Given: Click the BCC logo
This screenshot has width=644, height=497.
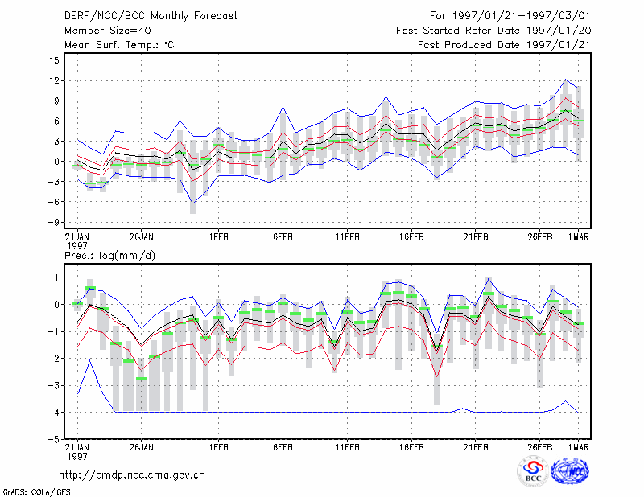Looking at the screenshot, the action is tap(533, 471).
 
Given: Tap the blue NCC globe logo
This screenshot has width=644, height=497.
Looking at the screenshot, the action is tap(570, 471).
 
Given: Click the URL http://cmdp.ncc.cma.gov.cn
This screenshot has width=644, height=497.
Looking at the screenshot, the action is tap(132, 475).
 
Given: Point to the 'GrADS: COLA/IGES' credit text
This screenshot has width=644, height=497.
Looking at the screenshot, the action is tap(37, 492).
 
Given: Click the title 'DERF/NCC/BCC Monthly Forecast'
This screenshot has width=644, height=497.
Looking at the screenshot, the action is tap(151, 16).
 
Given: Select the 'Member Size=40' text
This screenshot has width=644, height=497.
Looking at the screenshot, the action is tap(108, 31).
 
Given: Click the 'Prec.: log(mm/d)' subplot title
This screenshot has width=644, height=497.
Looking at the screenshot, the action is tap(109, 256).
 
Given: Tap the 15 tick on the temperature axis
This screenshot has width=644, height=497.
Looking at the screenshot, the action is tap(55, 60).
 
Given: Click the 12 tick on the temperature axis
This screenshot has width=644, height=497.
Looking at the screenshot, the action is tap(55, 80).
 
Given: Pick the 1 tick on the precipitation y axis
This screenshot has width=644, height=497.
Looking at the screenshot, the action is tap(56, 277).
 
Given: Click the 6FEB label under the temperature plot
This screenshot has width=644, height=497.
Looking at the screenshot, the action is tap(283, 237).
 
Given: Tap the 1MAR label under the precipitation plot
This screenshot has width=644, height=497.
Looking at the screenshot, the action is tap(579, 447).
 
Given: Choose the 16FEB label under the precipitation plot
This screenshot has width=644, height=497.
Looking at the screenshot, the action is tap(411, 447).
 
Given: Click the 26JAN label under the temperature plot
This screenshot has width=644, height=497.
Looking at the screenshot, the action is tap(142, 237).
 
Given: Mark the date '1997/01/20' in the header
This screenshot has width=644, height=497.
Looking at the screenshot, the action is tap(559, 31).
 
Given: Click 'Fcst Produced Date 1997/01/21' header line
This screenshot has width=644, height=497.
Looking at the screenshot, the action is tap(505, 45).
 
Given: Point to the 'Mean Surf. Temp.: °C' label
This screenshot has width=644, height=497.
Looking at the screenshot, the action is tap(119, 45).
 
